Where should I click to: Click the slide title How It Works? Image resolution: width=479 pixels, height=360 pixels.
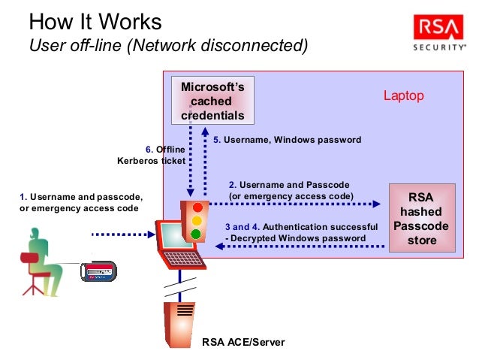(x=93, y=21)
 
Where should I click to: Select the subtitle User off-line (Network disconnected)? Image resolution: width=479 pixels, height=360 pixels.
(x=167, y=46)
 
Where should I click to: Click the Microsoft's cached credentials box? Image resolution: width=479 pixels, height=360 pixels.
(x=212, y=101)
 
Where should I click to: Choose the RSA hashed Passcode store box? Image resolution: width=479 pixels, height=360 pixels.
(x=421, y=219)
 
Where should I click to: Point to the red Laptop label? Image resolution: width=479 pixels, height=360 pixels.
(x=403, y=95)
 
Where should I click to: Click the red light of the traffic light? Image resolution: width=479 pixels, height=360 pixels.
(x=197, y=207)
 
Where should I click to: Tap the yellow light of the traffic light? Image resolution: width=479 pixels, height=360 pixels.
(x=197, y=220)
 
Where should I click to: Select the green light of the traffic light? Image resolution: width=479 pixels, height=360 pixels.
(x=197, y=234)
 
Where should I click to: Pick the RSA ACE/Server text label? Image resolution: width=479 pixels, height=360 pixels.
(x=243, y=342)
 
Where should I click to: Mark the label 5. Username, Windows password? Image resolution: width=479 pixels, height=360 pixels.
(x=288, y=140)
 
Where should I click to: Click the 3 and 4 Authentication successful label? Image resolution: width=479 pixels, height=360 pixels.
(x=301, y=232)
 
